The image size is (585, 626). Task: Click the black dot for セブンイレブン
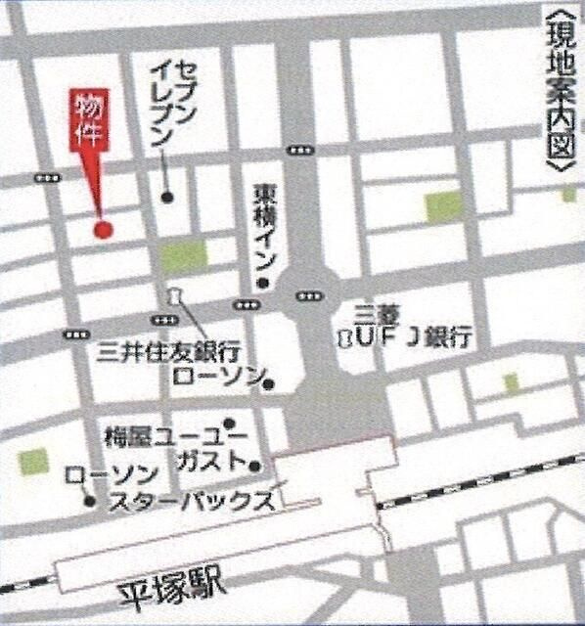click(x=167, y=197)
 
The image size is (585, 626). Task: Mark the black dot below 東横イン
click(x=261, y=284)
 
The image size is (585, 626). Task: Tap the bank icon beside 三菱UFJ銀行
click(x=344, y=337)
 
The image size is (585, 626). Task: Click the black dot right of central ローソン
click(x=270, y=382)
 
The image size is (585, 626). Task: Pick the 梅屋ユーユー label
click(x=166, y=434)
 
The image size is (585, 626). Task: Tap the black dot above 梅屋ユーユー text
click(x=229, y=425)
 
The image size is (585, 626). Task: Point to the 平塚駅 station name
click(x=172, y=591)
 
